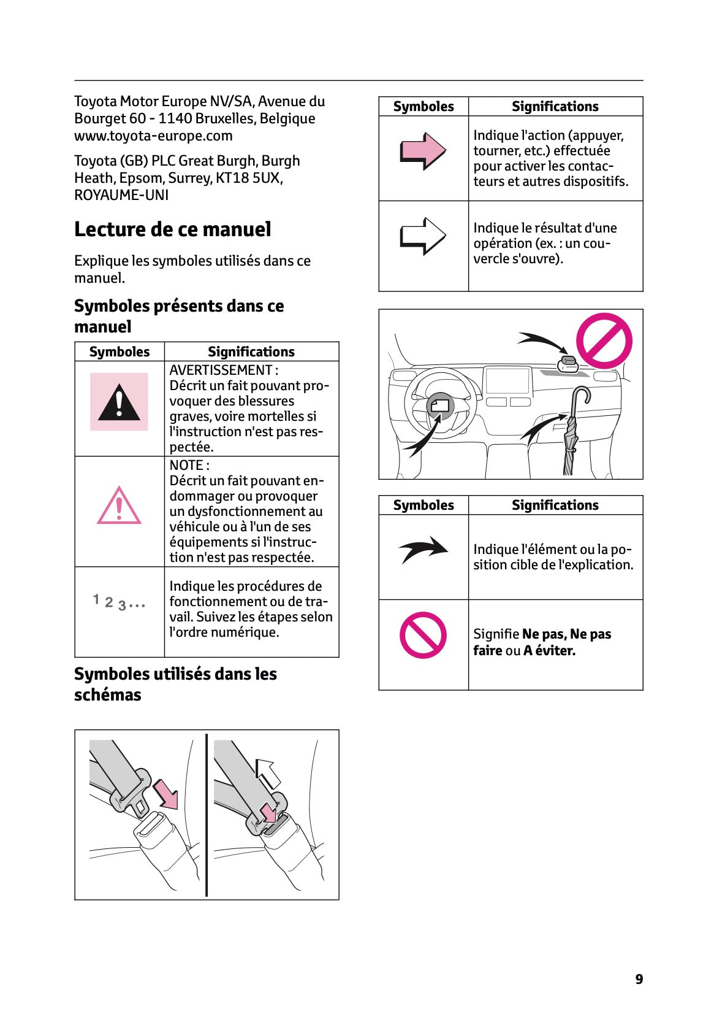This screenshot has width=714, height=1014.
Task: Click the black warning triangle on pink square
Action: (x=119, y=402)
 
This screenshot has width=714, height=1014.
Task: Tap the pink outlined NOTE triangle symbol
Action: (x=119, y=507)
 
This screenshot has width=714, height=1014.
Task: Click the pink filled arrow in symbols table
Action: (x=423, y=151)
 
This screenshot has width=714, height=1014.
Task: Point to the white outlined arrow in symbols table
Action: (x=423, y=236)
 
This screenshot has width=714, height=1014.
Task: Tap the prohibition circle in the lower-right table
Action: (x=423, y=635)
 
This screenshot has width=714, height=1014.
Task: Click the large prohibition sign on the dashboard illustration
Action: (x=604, y=341)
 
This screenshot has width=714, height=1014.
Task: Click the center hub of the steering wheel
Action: (x=441, y=407)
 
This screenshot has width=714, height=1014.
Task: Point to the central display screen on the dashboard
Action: (x=507, y=380)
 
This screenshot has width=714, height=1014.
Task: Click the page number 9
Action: (x=639, y=979)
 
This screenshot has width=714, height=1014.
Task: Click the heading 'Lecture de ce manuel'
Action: (x=172, y=229)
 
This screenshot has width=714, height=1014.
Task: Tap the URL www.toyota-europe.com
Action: (x=153, y=136)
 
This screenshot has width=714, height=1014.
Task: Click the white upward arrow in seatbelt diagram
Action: (x=267, y=772)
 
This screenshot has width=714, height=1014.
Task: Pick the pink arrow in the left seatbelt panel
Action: (x=165, y=793)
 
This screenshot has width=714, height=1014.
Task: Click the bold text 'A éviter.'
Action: (x=549, y=650)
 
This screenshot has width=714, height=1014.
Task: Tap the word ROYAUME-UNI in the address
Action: (x=121, y=195)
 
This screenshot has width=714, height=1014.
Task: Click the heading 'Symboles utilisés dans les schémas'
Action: (x=175, y=684)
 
